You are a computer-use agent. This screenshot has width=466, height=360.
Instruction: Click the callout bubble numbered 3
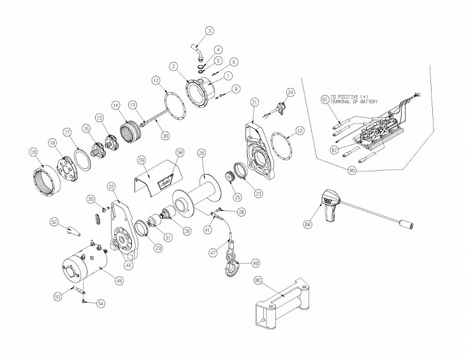(210, 30)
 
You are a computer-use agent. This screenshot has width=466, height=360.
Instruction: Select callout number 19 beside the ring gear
(33, 152)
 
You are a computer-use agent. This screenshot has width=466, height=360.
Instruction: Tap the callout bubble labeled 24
(291, 93)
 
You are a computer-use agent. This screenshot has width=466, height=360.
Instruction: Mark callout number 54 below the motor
(101, 305)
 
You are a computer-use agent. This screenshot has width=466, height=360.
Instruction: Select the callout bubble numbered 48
(255, 263)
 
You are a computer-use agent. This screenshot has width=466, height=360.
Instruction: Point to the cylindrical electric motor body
(86, 268)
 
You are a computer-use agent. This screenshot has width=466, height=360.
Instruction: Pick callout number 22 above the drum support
(112, 186)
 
